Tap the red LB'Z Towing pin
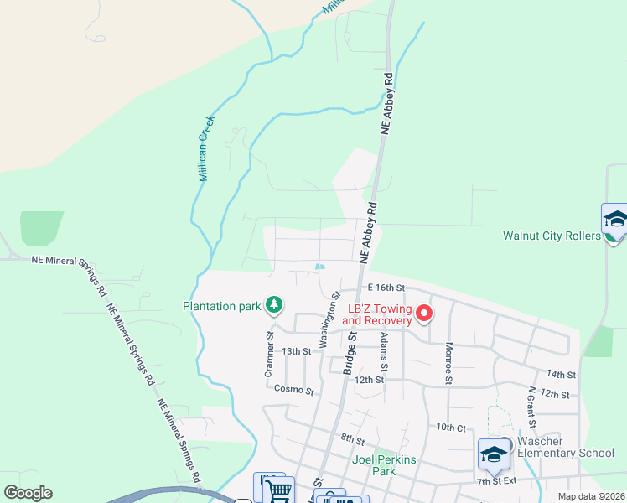click(x=424, y=314)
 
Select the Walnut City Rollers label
click(x=551, y=236)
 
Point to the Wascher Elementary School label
click(x=566, y=447)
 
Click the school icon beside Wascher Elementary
click(x=493, y=454)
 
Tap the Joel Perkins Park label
click(x=384, y=465)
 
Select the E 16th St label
click(x=386, y=288)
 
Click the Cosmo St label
click(x=294, y=391)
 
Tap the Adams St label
click(x=384, y=352)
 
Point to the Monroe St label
click(x=449, y=362)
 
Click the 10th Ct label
click(x=450, y=428)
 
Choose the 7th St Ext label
click(x=495, y=482)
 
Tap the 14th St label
click(x=561, y=374)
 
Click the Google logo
click(x=28, y=493)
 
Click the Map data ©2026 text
click(x=592, y=496)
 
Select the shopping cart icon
click(x=279, y=490)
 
